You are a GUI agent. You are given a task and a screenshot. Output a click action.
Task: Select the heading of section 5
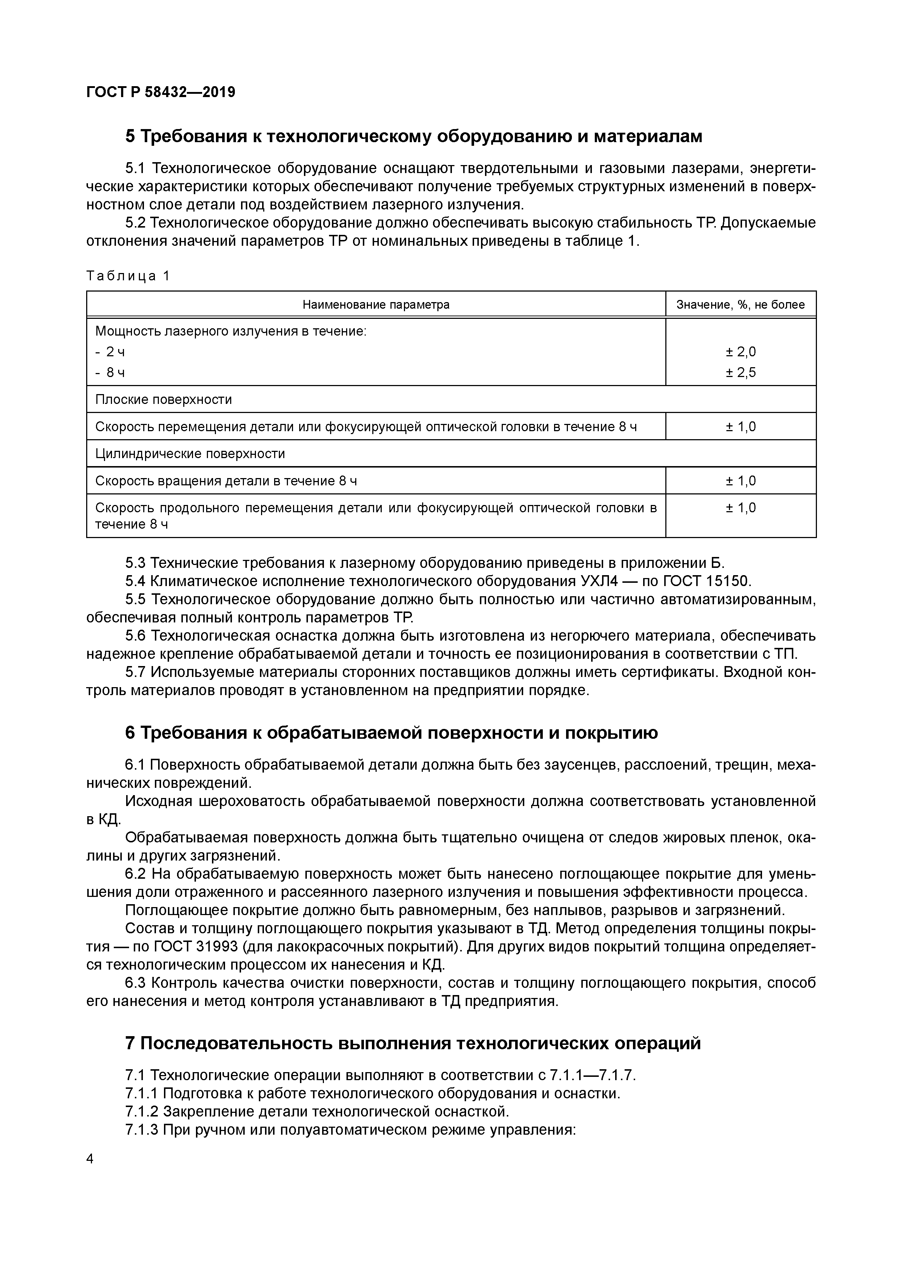pos(414,136)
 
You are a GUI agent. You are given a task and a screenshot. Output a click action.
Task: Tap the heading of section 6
pos(391,733)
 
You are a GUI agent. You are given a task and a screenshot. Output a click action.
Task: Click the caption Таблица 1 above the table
pos(128,276)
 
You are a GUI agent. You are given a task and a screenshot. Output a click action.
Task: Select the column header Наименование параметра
pos(376,304)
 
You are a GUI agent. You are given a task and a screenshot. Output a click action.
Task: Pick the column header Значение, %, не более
pos(740,304)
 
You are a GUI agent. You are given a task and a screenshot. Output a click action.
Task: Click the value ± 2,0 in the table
pos(740,352)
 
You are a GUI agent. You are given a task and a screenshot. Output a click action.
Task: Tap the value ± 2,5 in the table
pos(740,372)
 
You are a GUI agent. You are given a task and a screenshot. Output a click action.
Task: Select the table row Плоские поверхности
pos(164,399)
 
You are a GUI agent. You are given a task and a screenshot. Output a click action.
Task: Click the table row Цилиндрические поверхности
pos(190,454)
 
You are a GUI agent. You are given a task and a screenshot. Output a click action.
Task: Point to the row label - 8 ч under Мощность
pos(110,372)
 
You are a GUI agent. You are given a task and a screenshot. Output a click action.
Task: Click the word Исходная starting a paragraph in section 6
pos(158,801)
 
